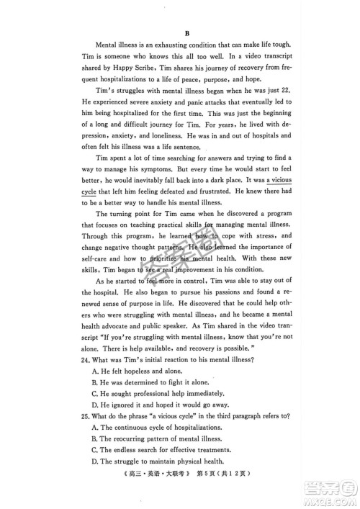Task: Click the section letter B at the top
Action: (186, 33)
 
